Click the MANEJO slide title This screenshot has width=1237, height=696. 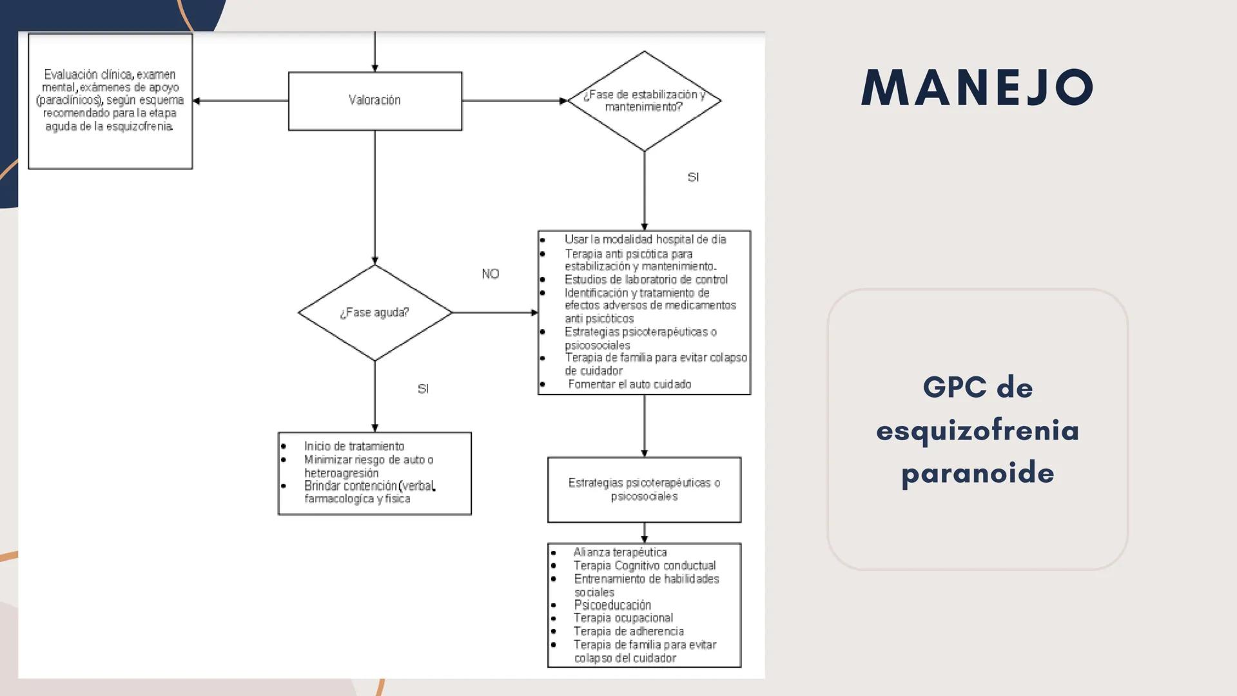pos(977,87)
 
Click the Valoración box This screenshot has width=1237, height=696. pos(375,101)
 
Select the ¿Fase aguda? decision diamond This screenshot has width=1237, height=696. pos(375,313)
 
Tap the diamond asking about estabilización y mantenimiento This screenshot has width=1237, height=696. pos(644,101)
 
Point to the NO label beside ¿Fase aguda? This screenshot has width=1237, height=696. pos(490,274)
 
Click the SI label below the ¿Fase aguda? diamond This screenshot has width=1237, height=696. pos(423,389)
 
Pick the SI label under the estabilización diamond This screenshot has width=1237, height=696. pos(693,177)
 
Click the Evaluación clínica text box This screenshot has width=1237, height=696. pos(110,101)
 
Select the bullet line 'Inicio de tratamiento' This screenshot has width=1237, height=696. pos(354,446)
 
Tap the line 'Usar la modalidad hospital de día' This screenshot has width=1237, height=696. pos(645,239)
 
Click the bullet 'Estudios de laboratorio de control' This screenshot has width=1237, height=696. pos(646,280)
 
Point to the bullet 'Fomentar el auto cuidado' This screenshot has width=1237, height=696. pos(629,384)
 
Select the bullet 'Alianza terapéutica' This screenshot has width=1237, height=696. pos(620,552)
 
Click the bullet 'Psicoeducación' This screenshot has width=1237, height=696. pos(612,605)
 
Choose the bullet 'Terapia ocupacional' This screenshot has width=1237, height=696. pos(623,618)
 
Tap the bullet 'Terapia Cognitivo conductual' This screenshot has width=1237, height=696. pos(645,566)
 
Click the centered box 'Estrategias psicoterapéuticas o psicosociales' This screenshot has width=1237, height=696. pos(644,489)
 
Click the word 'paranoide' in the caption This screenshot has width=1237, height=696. pos(977,472)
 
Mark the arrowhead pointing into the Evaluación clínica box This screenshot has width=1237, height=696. pos(197,101)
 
